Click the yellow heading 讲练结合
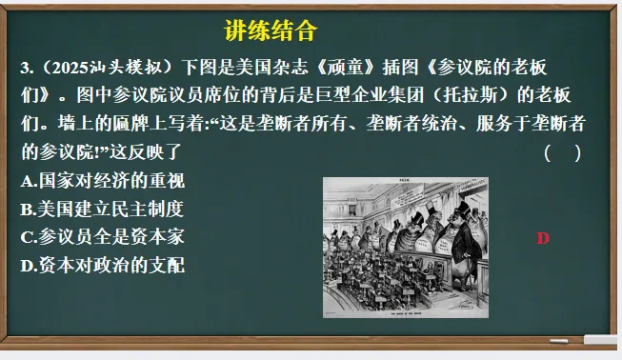(270, 31)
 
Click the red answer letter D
(543, 238)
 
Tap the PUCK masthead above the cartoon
(404, 181)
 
